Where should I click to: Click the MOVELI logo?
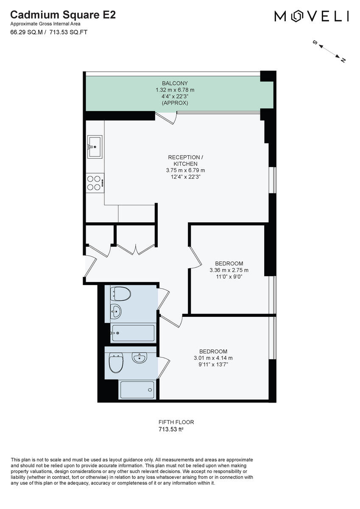point(312,16)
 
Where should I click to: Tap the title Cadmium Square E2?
point(63,15)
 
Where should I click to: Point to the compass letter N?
point(343,60)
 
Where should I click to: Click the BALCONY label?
point(175,83)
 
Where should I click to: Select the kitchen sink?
point(95,147)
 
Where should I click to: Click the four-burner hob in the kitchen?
point(95,183)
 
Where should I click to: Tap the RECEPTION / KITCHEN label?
point(182,160)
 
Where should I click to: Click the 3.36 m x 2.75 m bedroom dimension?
point(229,270)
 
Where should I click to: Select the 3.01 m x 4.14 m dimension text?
point(213,358)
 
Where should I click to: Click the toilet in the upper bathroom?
point(120,293)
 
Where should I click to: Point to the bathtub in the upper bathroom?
point(133,333)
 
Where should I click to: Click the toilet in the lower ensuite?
point(116,363)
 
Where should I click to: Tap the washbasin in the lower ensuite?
point(139,358)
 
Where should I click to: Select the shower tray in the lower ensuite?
point(137,389)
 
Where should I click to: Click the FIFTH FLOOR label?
point(176,422)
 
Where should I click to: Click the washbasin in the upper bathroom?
point(116,312)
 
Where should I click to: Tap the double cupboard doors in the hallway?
point(136,249)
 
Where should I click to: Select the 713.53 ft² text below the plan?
point(171,430)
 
